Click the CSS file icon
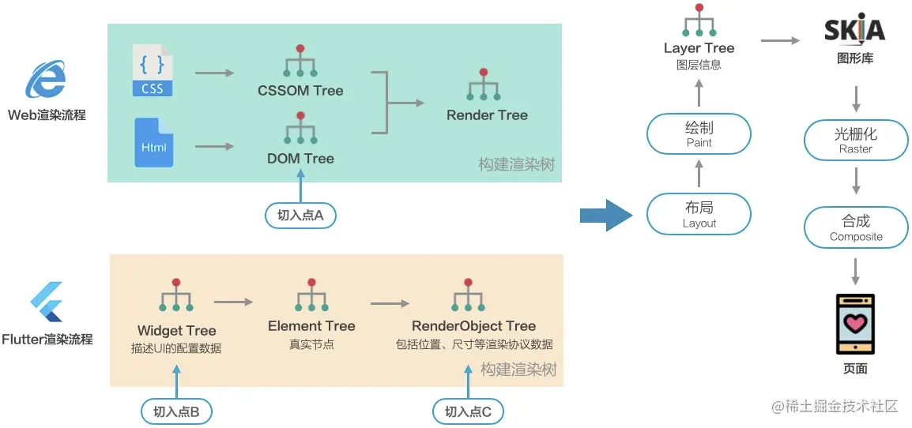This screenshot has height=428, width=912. [153, 70]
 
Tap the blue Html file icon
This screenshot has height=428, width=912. [153, 142]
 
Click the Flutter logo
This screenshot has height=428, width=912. [47, 302]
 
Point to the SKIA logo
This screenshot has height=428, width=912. [854, 30]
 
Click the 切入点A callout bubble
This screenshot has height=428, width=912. [300, 216]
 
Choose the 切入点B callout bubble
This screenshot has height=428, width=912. [176, 411]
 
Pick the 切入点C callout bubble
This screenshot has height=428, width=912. [468, 411]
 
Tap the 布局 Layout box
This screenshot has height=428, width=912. [699, 214]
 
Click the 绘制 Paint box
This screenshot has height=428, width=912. [699, 133]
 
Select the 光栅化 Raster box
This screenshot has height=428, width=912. [856, 141]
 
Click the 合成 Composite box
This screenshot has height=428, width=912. [856, 227]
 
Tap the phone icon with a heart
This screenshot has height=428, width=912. [856, 324]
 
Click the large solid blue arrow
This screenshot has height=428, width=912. [606, 215]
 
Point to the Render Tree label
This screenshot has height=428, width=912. [487, 115]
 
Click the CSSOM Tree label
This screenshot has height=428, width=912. [300, 91]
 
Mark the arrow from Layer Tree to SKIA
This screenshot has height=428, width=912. [780, 40]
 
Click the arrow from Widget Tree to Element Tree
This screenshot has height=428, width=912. [234, 302]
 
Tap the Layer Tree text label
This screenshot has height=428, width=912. [699, 48]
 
